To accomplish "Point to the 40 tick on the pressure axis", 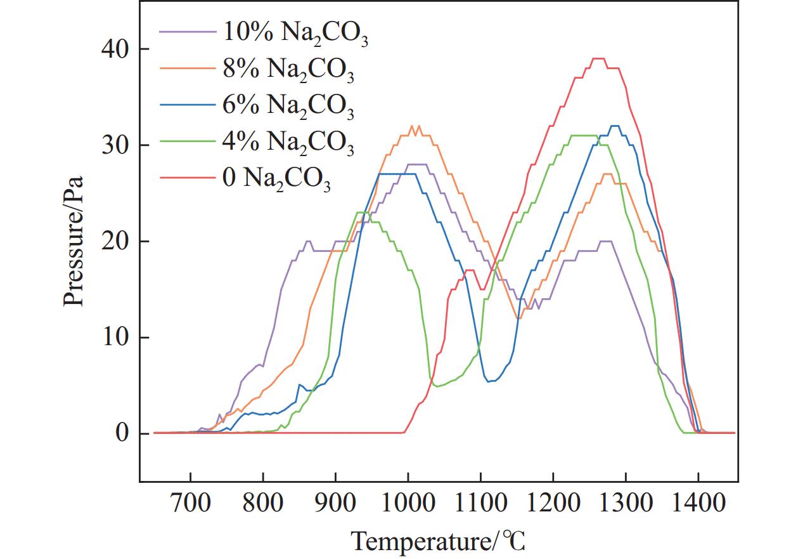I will pyautogui.click(x=113, y=49).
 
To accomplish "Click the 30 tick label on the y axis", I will pyautogui.click(x=113, y=145).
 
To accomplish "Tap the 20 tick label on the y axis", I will pyautogui.click(x=113, y=241).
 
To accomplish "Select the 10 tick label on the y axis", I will pyautogui.click(x=113, y=338).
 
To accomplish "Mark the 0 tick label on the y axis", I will pyautogui.click(x=121, y=434).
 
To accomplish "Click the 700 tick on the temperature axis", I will pyautogui.click(x=190, y=505).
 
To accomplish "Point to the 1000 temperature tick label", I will pyautogui.click(x=408, y=505).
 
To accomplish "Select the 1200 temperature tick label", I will pyautogui.click(x=553, y=505).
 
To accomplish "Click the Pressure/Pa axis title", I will pyautogui.click(x=74, y=242).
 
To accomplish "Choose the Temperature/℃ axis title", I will pyautogui.click(x=439, y=541).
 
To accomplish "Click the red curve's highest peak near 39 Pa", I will pyautogui.click(x=598, y=58).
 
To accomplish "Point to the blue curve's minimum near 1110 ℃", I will pyautogui.click(x=489, y=381).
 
